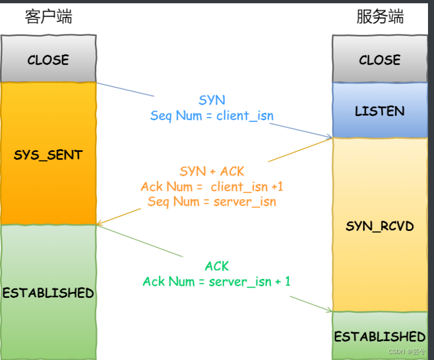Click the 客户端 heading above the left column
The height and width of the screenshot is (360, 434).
pyautogui.click(x=48, y=16)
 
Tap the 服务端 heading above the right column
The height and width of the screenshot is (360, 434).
pyautogui.click(x=380, y=16)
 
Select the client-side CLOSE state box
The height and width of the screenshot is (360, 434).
pyautogui.click(x=48, y=59)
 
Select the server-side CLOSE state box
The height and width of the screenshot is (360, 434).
pyautogui.click(x=380, y=59)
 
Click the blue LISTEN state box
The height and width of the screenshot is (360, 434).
pyautogui.click(x=380, y=111)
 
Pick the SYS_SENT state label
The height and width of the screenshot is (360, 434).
pyautogui.click(x=48, y=155)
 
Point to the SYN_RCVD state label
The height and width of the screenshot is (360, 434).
pyautogui.click(x=380, y=226)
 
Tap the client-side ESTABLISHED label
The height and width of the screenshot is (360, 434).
pyautogui.click(x=48, y=293)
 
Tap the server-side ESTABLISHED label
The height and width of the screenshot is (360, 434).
pyautogui.click(x=380, y=336)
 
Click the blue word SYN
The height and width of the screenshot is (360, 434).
pyautogui.click(x=212, y=100)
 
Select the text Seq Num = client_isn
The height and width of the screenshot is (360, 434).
pyautogui.click(x=212, y=115)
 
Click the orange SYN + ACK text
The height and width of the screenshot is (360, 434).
pyautogui.click(x=212, y=171)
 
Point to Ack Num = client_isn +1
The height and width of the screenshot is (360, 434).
pyautogui.click(x=212, y=186)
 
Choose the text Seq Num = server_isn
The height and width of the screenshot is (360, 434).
pyautogui.click(x=212, y=202)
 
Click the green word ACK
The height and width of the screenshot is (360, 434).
pyautogui.click(x=217, y=266)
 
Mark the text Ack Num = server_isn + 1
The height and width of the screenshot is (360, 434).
pyautogui.click(x=217, y=282)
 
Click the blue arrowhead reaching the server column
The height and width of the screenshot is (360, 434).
pyautogui.click(x=329, y=137)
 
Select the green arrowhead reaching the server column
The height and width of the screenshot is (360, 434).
pyautogui.click(x=329, y=310)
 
